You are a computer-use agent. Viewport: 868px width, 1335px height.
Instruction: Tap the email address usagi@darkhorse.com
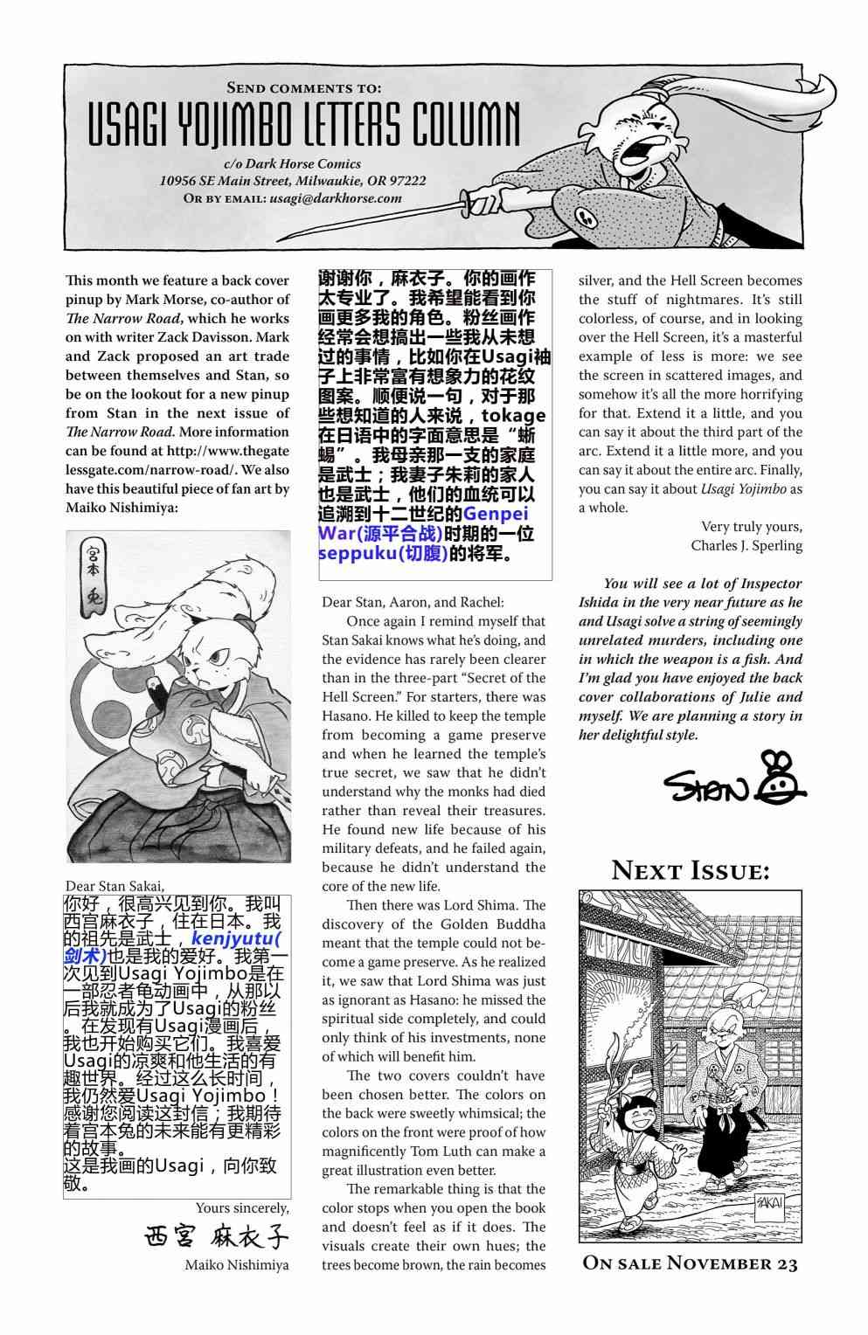coord(336,198)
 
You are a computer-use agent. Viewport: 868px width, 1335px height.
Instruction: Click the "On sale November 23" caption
coord(690,1263)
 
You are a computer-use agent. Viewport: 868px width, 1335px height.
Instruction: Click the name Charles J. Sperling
coord(746,545)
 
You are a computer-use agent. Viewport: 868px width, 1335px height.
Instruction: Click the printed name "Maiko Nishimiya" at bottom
coord(236,1264)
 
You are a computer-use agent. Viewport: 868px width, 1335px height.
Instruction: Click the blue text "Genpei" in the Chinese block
coord(496,514)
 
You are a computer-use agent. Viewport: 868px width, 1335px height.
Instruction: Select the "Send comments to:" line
coord(303,87)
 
